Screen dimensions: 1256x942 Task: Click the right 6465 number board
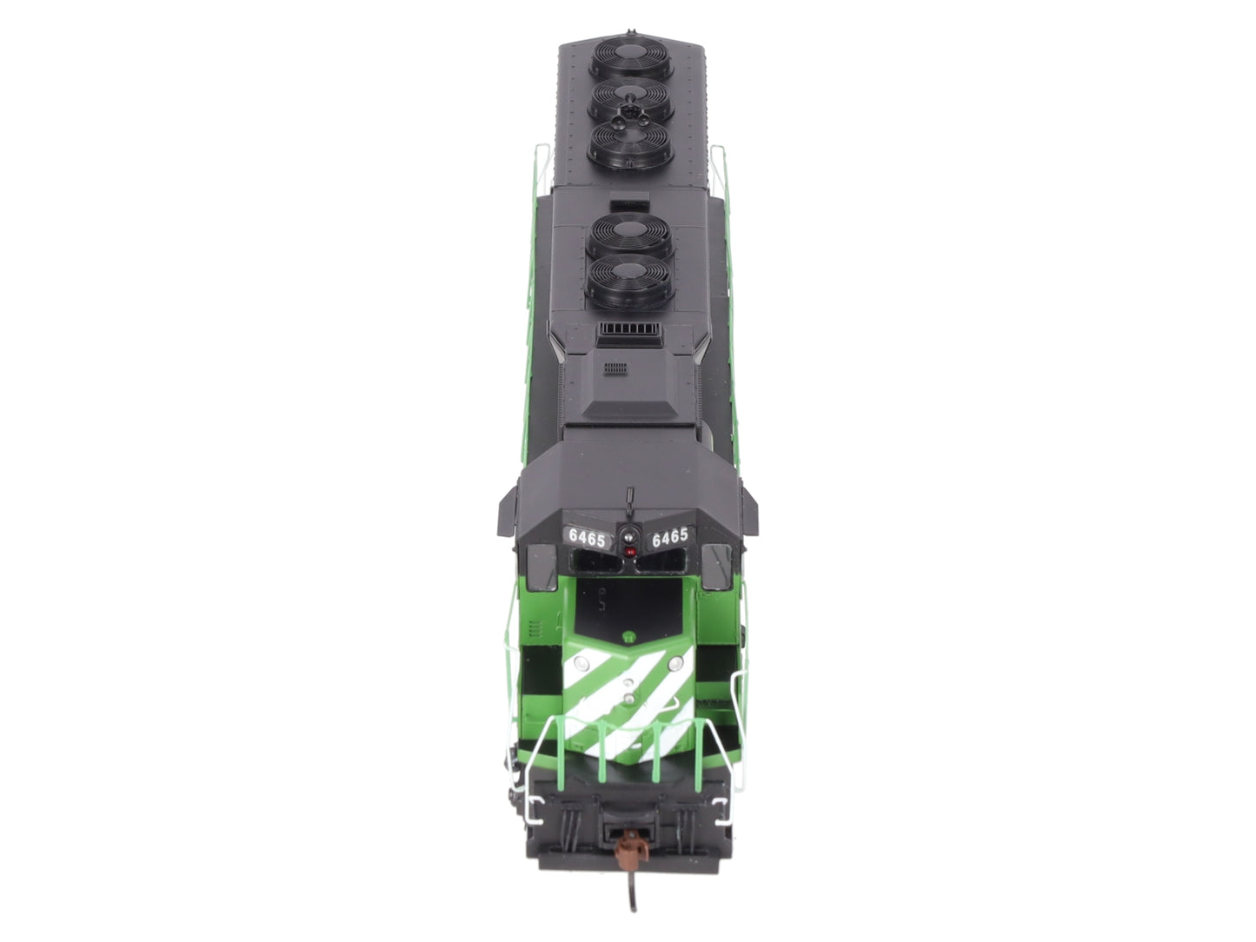click(x=669, y=537)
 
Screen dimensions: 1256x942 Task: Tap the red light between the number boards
click(x=630, y=552)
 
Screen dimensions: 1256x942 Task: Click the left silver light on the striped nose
click(x=581, y=663)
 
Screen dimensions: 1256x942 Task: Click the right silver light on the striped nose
click(x=676, y=663)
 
